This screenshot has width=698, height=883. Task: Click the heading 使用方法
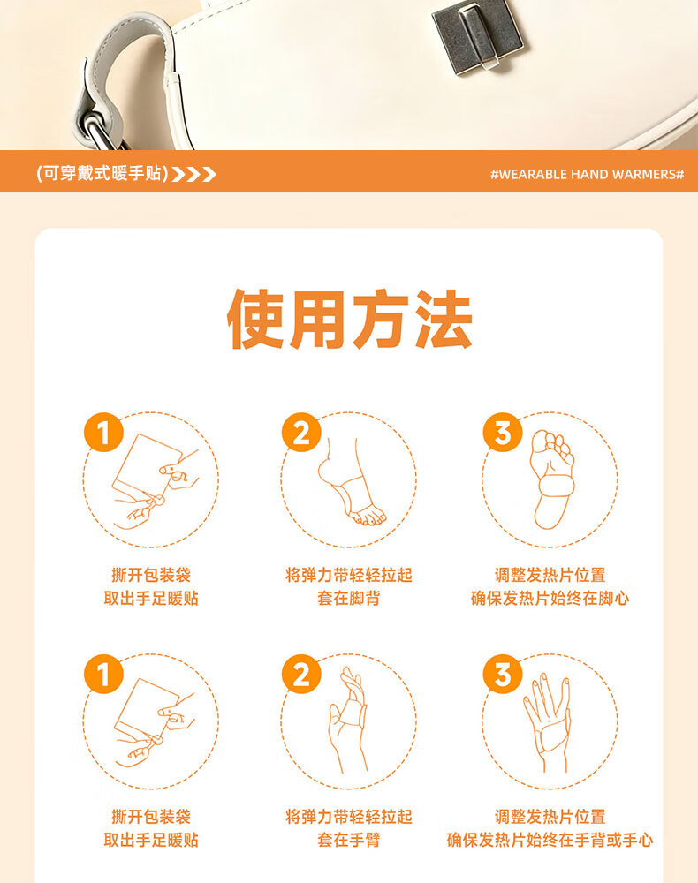pyautogui.click(x=349, y=319)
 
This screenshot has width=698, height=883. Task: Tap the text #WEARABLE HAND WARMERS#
pyautogui.click(x=587, y=174)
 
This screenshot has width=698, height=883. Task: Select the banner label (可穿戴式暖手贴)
pyautogui.click(x=102, y=173)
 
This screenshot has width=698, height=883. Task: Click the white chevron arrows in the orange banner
pyautogui.click(x=193, y=174)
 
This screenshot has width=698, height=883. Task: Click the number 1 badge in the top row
pyautogui.click(x=103, y=433)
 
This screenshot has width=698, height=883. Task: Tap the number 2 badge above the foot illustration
pyautogui.click(x=301, y=433)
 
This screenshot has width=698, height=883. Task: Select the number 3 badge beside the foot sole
pyautogui.click(x=503, y=433)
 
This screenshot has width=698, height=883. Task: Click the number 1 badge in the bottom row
pyautogui.click(x=103, y=674)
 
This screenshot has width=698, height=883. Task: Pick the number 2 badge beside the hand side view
pyautogui.click(x=301, y=674)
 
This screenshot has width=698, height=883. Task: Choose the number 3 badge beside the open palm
pyautogui.click(x=503, y=674)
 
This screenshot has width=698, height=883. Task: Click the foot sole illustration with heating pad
pyautogui.click(x=552, y=479)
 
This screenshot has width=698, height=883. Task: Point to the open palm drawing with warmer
pyautogui.click(x=547, y=722)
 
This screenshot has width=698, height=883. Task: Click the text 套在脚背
pyautogui.click(x=349, y=598)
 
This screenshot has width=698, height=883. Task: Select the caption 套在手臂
pyautogui.click(x=349, y=840)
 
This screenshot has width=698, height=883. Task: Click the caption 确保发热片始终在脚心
pyautogui.click(x=550, y=598)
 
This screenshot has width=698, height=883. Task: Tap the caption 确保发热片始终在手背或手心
pyautogui.click(x=550, y=840)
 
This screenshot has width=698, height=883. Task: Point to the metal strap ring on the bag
pyautogui.click(x=101, y=131)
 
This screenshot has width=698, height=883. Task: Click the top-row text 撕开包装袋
pyautogui.click(x=151, y=575)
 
